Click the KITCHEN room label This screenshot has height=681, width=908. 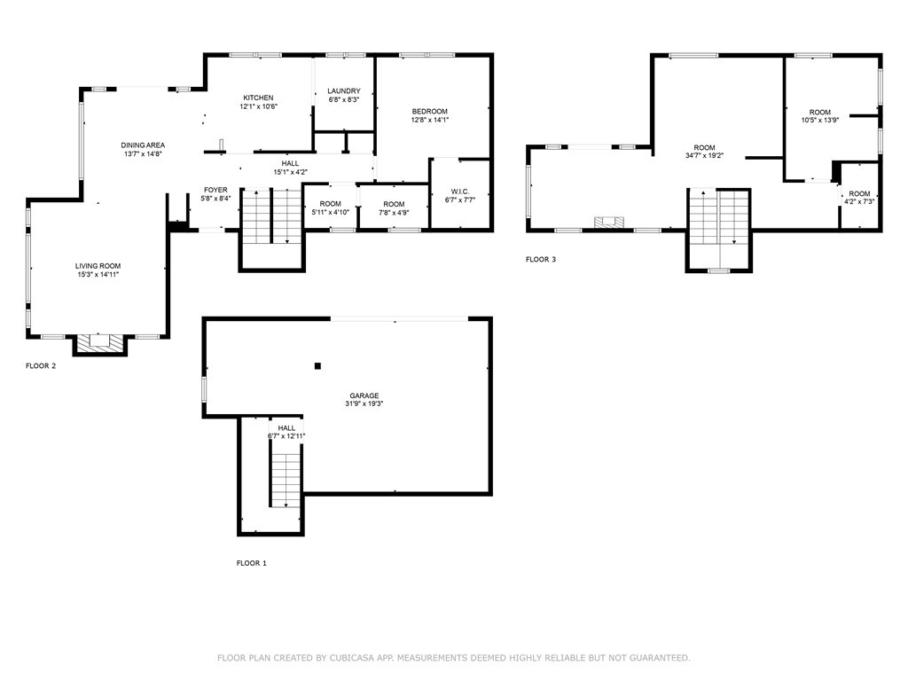(257, 98)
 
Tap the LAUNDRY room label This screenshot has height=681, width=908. (343, 90)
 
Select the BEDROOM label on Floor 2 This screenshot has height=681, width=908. (429, 111)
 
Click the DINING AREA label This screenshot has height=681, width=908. (144, 145)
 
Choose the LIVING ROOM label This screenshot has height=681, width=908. (98, 266)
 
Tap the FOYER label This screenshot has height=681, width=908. (215, 190)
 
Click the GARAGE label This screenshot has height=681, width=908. (364, 395)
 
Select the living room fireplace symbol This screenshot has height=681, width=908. (98, 341)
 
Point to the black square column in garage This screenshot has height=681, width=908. (317, 365)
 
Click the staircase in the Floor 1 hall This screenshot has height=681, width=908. (286, 479)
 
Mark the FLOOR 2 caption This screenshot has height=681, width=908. (41, 365)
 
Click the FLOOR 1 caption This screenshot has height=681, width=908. (251, 563)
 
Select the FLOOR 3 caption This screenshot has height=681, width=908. (541, 260)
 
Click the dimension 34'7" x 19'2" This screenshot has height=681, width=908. (704, 156)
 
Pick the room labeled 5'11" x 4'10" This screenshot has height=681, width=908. (330, 208)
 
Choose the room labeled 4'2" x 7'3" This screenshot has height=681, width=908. (859, 198)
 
